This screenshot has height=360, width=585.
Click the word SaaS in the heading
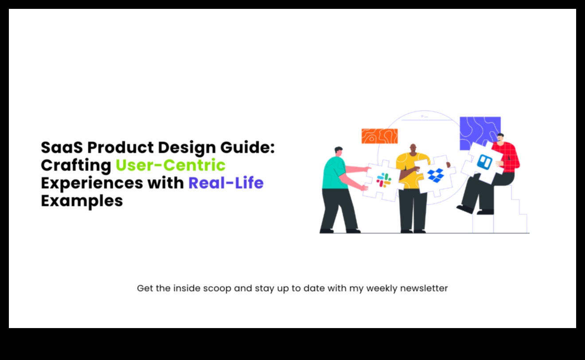pos(62,147)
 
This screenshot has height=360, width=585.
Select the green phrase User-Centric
pos(170,165)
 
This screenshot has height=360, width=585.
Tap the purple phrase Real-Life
pos(226,183)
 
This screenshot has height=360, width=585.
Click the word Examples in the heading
pos(82,201)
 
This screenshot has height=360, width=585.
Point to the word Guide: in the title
pos(247,147)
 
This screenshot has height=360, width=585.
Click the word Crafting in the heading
pos(76,166)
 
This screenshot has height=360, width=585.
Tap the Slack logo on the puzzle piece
pos(384,180)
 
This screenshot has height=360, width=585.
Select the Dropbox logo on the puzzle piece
pos(436,175)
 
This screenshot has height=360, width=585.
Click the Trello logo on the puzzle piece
pos(485,162)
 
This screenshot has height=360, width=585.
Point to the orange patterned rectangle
pos(379,136)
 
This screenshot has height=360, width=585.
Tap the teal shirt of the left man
pos(334,173)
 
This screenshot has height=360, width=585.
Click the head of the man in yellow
pos(413,149)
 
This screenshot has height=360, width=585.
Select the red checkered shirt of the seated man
pos(508,157)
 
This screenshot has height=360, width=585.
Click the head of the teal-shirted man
pos(339,152)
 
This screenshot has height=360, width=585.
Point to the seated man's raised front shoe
pos(465,209)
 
